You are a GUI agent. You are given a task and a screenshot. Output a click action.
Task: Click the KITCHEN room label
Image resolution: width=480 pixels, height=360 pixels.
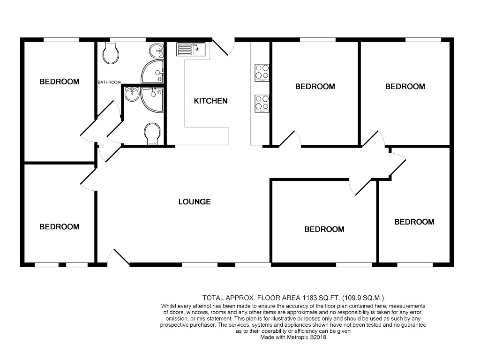[x=210, y=101]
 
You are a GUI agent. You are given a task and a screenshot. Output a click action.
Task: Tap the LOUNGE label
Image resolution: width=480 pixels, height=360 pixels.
[x=195, y=202]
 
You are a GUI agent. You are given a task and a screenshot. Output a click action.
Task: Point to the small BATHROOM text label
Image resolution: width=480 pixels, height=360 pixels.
[x=109, y=82]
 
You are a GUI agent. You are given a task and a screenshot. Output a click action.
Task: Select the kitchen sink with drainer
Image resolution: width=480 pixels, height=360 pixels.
[x=191, y=49]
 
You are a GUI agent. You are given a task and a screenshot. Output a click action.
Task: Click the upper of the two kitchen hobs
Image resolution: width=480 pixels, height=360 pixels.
[x=262, y=73]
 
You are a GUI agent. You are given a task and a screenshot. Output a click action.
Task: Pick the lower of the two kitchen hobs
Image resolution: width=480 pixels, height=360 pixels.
[x=262, y=104]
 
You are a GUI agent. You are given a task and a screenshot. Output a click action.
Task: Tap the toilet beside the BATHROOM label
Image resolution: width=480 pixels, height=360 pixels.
[x=111, y=52]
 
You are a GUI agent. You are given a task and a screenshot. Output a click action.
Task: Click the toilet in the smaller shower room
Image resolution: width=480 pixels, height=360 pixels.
[x=152, y=134]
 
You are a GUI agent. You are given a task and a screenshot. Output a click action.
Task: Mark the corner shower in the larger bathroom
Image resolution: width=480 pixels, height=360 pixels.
[x=152, y=71]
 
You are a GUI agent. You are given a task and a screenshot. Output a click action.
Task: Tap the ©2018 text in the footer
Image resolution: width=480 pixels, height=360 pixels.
[x=318, y=337]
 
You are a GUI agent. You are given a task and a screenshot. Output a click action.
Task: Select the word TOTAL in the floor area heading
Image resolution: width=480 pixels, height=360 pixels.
[x=212, y=298]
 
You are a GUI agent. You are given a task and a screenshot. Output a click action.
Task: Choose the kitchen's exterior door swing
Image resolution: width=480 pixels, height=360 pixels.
[x=224, y=47]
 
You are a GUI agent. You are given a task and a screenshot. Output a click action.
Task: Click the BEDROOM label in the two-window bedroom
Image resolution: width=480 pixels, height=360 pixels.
[x=60, y=226]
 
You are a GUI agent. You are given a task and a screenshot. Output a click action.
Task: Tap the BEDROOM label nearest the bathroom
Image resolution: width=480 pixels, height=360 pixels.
[x=60, y=82]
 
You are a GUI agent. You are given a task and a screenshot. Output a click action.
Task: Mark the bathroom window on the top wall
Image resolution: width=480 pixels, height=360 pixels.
[x=128, y=39]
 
